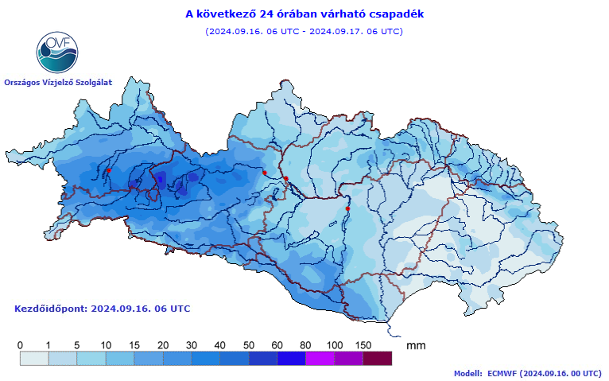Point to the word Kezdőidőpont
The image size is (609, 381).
(x=51, y=308)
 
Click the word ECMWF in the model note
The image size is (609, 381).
(x=503, y=372)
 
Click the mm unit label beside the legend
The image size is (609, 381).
(x=416, y=345)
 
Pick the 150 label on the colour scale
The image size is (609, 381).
(x=363, y=344)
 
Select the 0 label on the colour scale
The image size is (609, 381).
(x=20, y=344)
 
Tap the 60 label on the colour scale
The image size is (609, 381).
(x=277, y=344)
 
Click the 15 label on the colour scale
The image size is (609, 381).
(x=134, y=344)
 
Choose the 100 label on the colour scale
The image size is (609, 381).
(x=335, y=344)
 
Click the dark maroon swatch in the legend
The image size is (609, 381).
(x=378, y=359)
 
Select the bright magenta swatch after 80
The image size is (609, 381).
(x=320, y=359)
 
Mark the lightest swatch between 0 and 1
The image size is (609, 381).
(x=34, y=359)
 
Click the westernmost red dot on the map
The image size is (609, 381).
(x=109, y=170)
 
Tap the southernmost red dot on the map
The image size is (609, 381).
(x=347, y=208)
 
